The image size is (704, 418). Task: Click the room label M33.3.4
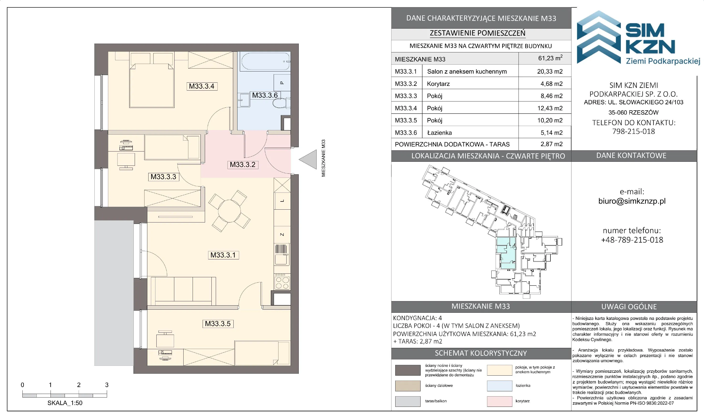[x=202, y=86]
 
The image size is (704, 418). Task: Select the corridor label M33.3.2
[x=242, y=165]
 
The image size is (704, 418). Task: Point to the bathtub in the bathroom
[x=265, y=61]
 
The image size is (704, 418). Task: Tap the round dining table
[x=229, y=211]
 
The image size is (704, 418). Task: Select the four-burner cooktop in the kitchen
[x=282, y=282]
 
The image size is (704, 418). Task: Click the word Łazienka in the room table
[x=439, y=133]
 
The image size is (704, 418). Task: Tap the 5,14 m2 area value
[x=551, y=133]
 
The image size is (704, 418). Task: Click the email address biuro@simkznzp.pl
[x=632, y=201]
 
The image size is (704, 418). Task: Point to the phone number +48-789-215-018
[x=632, y=240]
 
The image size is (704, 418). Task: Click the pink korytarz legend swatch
[x=499, y=401]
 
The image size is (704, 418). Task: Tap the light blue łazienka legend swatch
[x=499, y=386]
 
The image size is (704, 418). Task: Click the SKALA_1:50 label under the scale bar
[x=65, y=403]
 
